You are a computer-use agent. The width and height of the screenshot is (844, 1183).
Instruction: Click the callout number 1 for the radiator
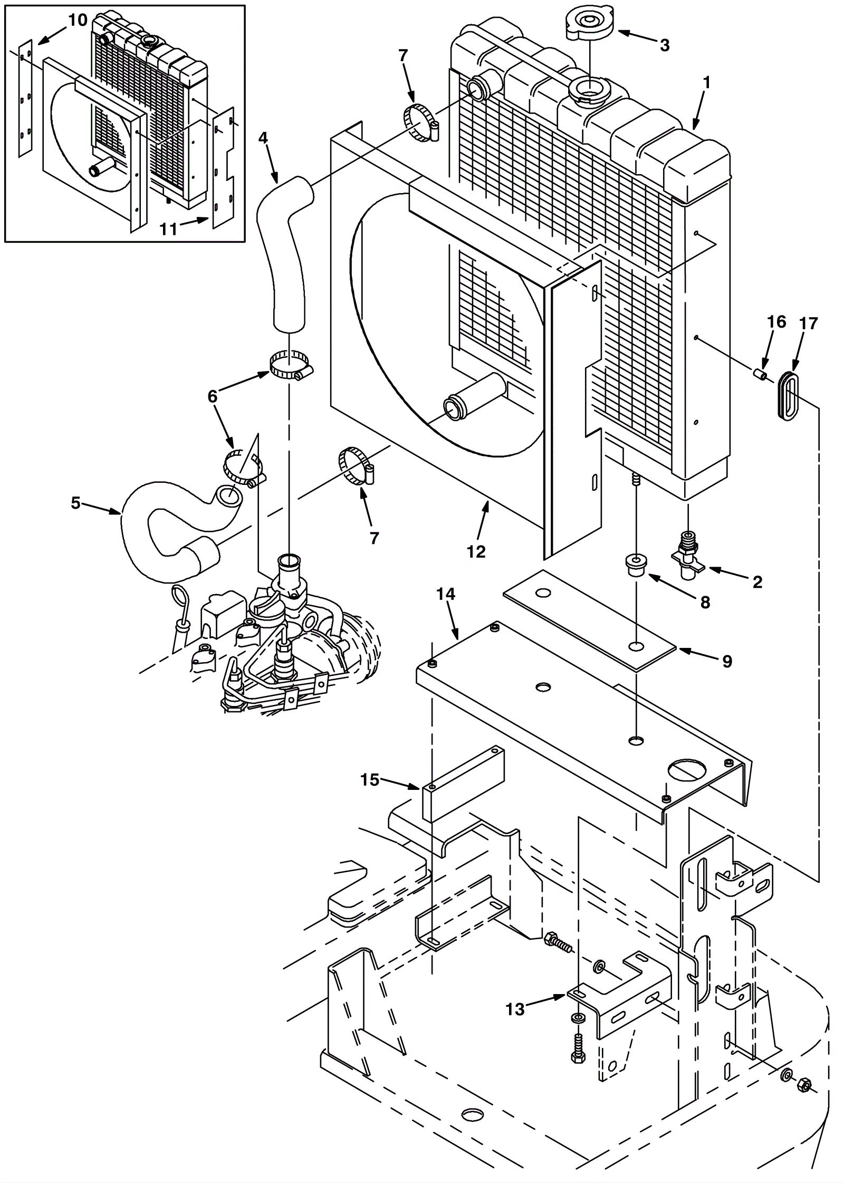tap(706, 83)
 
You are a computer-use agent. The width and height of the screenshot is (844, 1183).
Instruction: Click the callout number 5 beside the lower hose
tap(76, 503)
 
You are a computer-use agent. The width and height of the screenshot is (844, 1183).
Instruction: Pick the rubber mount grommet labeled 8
tap(637, 565)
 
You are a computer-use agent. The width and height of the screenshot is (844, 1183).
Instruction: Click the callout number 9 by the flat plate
tap(727, 661)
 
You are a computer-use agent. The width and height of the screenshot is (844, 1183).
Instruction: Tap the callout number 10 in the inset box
tap(78, 21)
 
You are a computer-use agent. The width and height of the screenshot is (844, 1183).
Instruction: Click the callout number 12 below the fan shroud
tap(475, 551)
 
